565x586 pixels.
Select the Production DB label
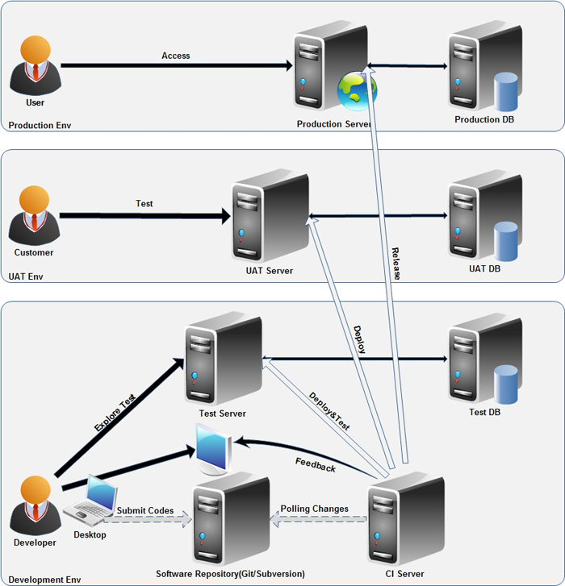coord(484,120)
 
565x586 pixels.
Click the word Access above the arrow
coord(176,56)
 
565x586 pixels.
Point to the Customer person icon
coord(35,215)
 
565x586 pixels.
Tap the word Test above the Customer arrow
coord(144,204)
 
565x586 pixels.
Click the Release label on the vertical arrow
coord(395,264)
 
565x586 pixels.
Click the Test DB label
coord(484,413)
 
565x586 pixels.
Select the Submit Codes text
coord(145,510)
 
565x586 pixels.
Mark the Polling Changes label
coord(315,509)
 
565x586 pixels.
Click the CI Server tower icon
coord(406,520)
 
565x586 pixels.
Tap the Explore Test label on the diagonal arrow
coord(114,414)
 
